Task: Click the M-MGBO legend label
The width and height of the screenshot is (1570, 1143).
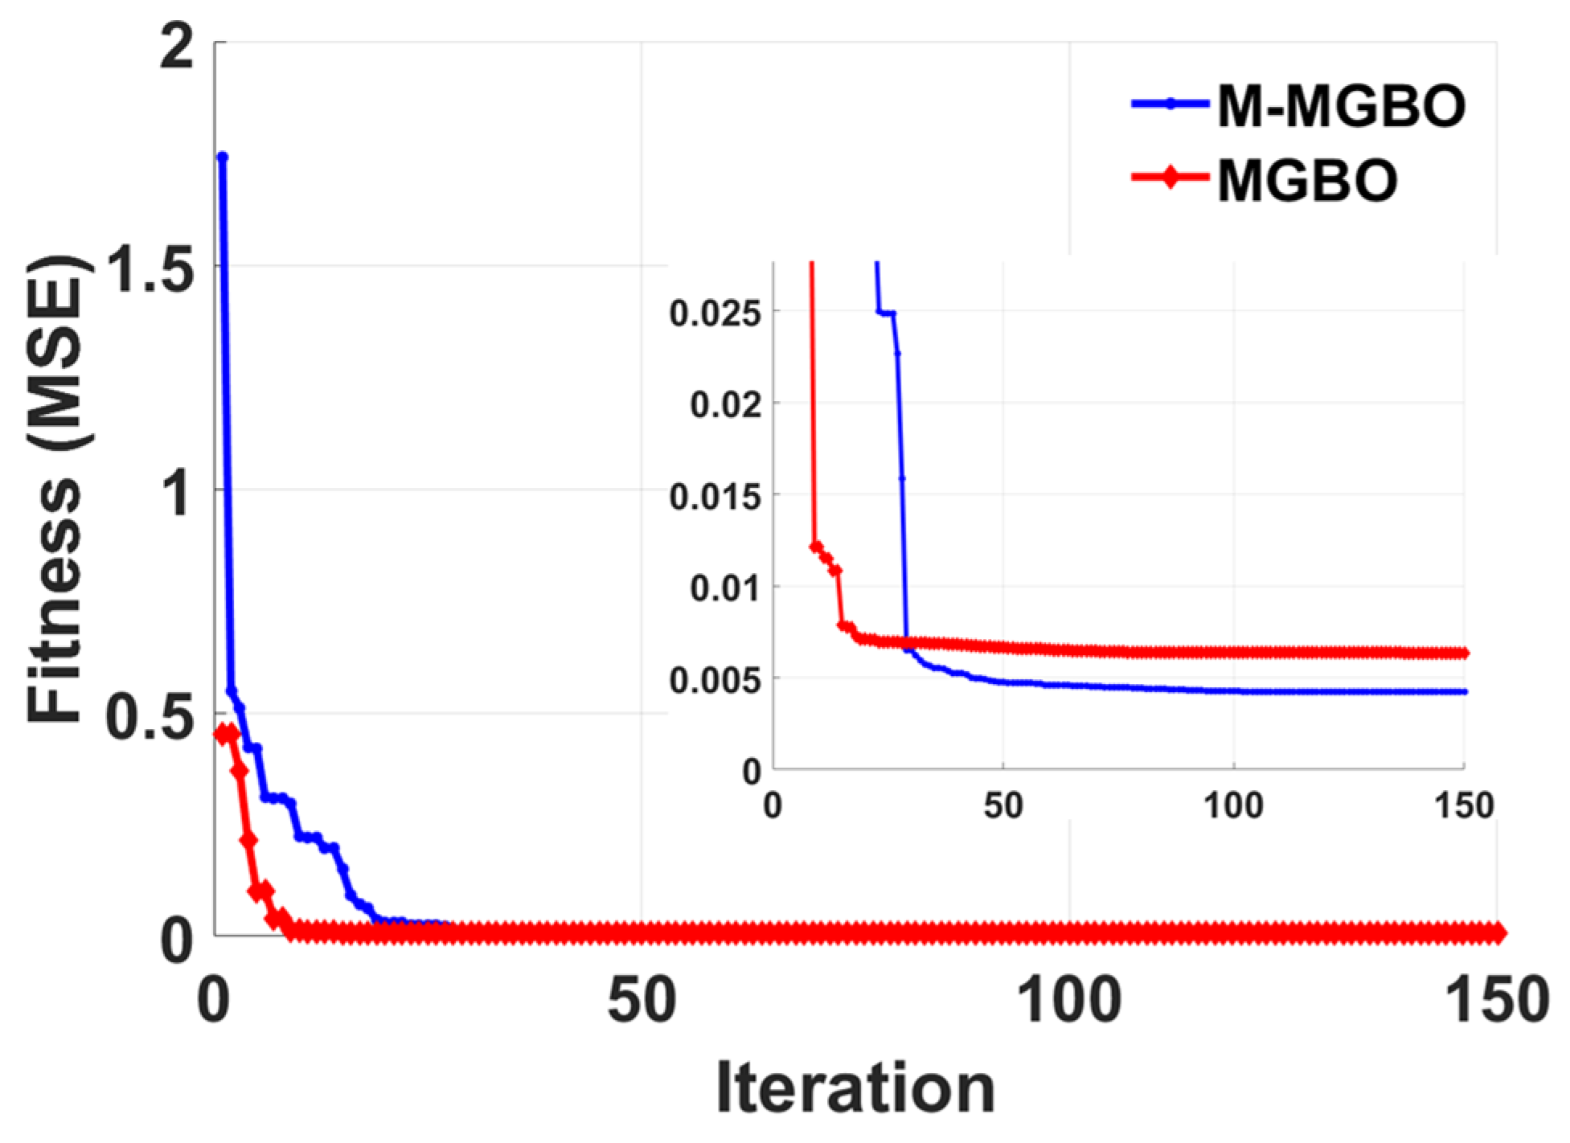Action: click(x=1341, y=106)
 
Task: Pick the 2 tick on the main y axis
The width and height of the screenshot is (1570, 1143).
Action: click(x=178, y=46)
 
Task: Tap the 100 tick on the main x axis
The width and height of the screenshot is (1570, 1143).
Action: click(x=1068, y=1002)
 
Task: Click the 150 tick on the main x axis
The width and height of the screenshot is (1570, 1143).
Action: click(x=1496, y=1002)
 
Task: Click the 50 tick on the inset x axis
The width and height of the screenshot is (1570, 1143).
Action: click(x=1003, y=805)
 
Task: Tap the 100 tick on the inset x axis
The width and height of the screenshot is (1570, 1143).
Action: click(x=1233, y=805)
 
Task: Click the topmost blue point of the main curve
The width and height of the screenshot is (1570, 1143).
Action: click(x=223, y=157)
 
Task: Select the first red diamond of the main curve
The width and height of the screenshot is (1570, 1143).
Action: click(x=221, y=734)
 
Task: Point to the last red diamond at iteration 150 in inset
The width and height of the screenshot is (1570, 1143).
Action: click(x=1464, y=653)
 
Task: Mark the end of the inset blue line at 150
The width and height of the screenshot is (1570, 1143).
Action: click(x=1464, y=691)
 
